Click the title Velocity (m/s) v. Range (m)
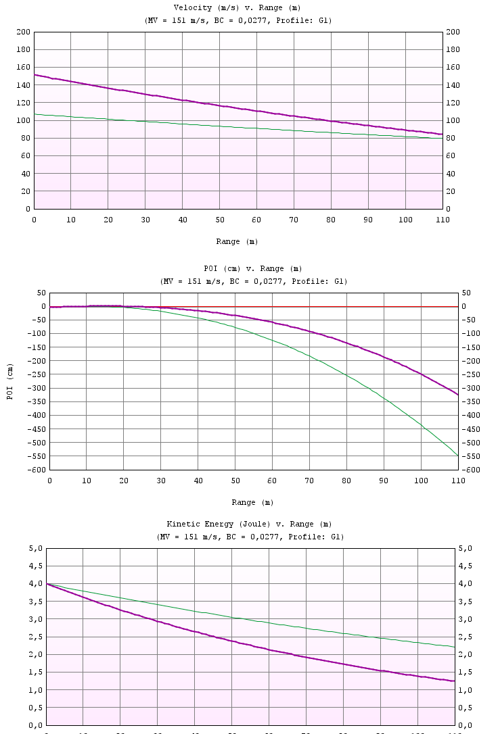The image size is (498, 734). coord(237,8)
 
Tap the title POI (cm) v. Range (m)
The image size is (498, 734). coord(252,269)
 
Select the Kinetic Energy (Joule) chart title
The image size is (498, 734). coord(250,524)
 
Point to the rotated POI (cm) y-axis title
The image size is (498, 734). coord(10,382)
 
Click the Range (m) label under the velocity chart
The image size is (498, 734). coord(237,242)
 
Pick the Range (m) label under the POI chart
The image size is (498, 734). coord(252,503)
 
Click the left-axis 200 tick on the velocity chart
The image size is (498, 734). coord(23,32)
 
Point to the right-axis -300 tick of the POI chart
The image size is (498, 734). coord(470,389)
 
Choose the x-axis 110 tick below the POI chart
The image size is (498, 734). coord(457,481)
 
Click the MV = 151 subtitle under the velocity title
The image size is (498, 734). coord(238,20)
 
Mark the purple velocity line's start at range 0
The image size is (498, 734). coord(35,75)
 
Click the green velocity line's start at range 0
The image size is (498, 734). coord(35,114)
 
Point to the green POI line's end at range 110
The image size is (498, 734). coord(458,456)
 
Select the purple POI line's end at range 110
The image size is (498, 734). coord(458,395)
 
